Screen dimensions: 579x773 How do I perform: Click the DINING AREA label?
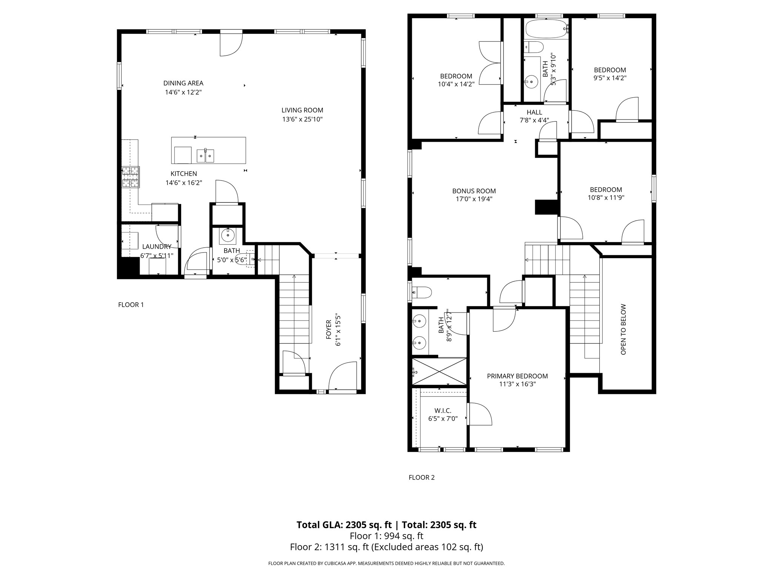183,83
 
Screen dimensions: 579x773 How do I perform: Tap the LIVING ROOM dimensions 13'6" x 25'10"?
302,119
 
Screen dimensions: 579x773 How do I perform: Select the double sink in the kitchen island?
205,155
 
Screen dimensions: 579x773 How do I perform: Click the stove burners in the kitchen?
131,177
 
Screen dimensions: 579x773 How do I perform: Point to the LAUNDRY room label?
157,247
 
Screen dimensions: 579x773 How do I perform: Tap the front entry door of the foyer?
343,377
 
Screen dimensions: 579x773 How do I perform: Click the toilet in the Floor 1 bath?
242,259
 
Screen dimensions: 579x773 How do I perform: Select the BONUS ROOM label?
474,191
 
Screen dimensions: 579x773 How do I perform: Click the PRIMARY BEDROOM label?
517,376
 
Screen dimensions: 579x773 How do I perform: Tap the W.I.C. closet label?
443,411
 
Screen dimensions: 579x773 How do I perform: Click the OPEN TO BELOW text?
623,329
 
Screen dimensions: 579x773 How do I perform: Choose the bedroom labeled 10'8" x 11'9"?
606,193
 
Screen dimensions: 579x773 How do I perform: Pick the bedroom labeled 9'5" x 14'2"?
610,74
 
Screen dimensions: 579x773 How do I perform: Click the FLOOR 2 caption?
422,477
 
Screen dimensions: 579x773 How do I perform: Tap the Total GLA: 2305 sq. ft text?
345,525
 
